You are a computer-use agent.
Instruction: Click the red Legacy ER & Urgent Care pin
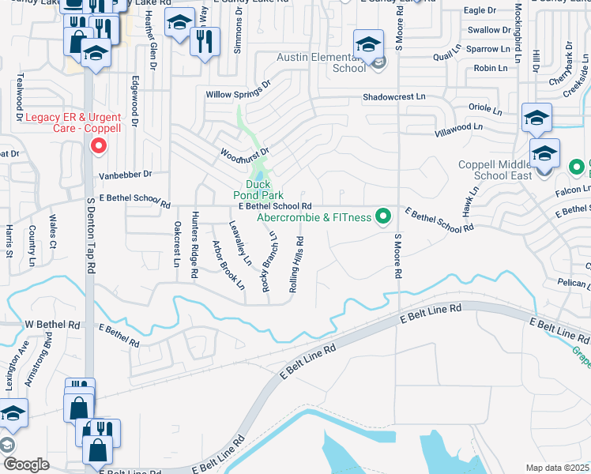point(99,145)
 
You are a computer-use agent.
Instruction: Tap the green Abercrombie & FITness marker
point(384,215)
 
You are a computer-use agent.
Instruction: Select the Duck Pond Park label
point(257,190)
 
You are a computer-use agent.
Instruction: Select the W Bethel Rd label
point(53,325)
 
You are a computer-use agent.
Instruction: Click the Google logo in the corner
point(26,465)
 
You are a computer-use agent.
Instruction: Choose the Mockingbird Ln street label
point(518,33)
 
